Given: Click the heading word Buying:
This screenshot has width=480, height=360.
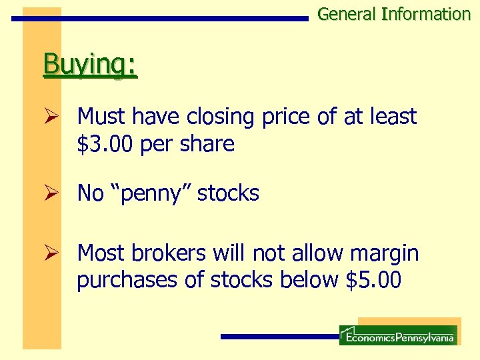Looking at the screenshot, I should pos(90,66).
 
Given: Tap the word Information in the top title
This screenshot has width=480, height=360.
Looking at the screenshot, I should pos(426,14).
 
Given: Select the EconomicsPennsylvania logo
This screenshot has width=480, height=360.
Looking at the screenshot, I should pos(398,335).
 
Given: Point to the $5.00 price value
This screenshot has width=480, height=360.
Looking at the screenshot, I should pos(374,280).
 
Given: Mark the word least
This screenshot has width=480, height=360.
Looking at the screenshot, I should pos(393,117).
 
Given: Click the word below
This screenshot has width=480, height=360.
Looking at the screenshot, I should pos(309,280).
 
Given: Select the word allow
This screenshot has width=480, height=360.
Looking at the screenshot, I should pos(309,253).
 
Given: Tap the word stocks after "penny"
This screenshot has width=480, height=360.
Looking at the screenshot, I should pos(228,193).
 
